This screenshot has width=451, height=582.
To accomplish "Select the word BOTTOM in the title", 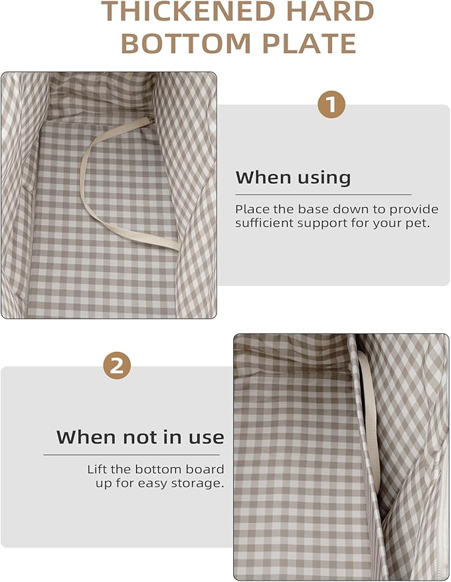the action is [x=186, y=43].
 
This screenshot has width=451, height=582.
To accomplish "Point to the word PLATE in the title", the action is [x=309, y=43].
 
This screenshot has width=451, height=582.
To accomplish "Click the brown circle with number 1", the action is [x=331, y=104].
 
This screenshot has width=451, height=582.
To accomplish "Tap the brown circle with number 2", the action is [x=117, y=366].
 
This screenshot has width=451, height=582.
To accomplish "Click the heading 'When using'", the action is [x=293, y=178].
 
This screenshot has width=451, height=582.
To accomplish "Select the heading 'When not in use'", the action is [x=140, y=437].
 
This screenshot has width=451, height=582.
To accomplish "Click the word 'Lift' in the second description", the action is [x=97, y=469].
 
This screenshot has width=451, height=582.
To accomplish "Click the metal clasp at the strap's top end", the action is [x=151, y=119].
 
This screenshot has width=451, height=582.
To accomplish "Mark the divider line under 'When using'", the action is [x=323, y=194].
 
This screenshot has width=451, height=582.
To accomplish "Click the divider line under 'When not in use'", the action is [x=132, y=455].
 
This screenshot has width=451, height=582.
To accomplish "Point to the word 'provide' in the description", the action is [x=414, y=210].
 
